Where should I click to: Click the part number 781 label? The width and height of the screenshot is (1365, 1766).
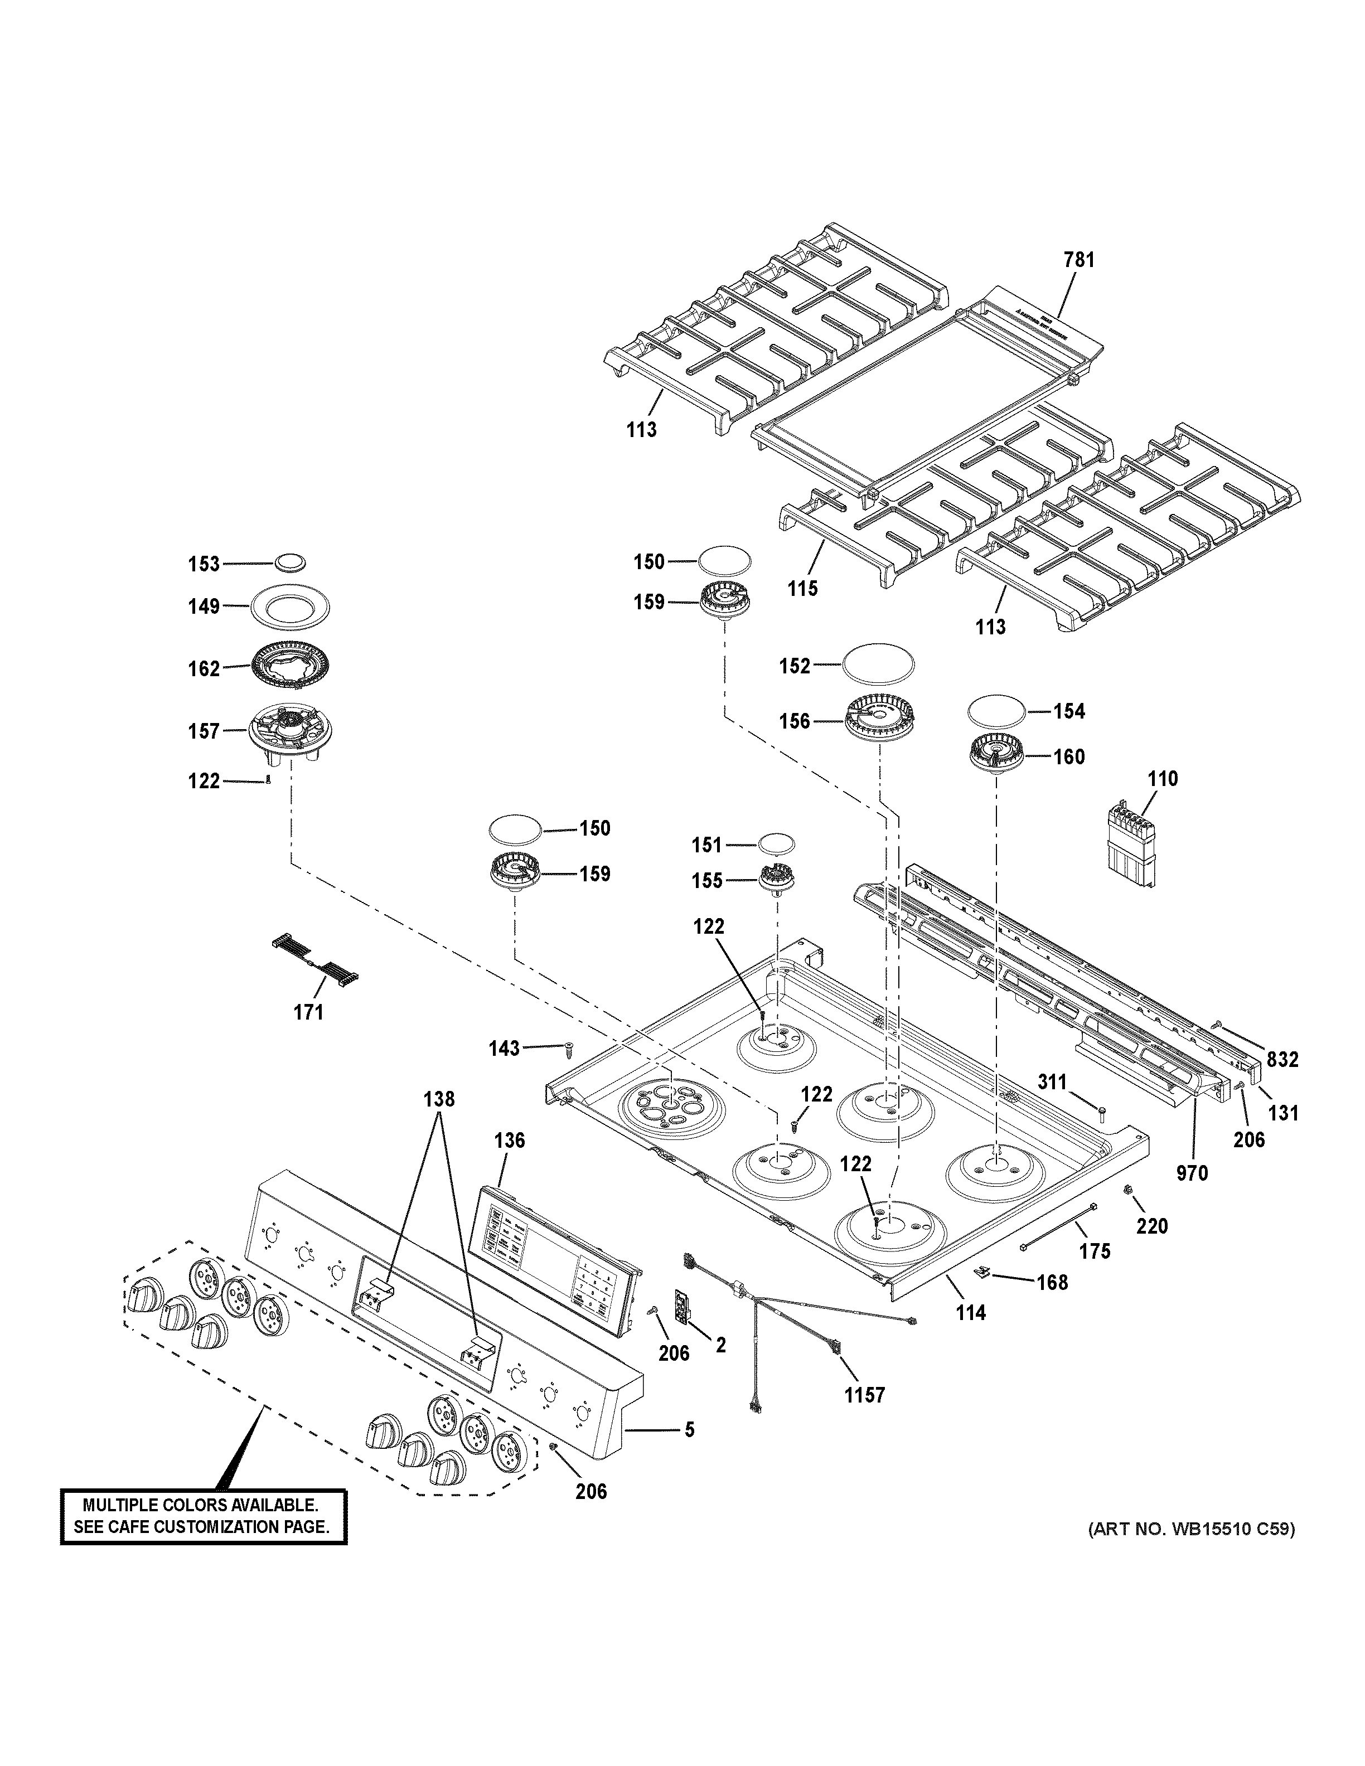point(1079,260)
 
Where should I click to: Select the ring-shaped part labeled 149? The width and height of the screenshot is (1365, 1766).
point(291,605)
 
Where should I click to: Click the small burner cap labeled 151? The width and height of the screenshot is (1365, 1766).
point(776,843)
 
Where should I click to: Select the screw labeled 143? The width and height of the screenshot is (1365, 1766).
point(568,1050)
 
